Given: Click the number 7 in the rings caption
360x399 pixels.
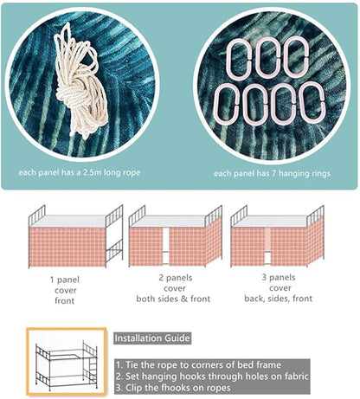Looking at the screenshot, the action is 273,173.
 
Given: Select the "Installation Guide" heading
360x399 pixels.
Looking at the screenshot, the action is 152,338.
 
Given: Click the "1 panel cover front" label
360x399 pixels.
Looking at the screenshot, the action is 65,290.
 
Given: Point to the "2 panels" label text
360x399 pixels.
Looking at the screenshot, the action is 176,278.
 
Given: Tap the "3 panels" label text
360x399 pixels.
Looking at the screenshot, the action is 279,277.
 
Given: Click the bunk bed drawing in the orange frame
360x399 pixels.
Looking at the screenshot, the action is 67,362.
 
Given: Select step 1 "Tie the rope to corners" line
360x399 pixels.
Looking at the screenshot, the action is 198,365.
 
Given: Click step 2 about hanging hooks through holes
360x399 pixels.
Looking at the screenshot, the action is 212,376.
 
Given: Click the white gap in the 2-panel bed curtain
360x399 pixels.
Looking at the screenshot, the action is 165,246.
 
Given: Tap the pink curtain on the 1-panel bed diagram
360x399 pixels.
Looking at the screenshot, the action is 67,247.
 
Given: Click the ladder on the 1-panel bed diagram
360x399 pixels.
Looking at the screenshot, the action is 114,235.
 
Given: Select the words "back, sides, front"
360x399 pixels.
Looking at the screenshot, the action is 279,299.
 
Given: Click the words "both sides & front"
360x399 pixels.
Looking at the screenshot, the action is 173,299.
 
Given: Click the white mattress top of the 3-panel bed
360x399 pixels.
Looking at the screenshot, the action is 270,221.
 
